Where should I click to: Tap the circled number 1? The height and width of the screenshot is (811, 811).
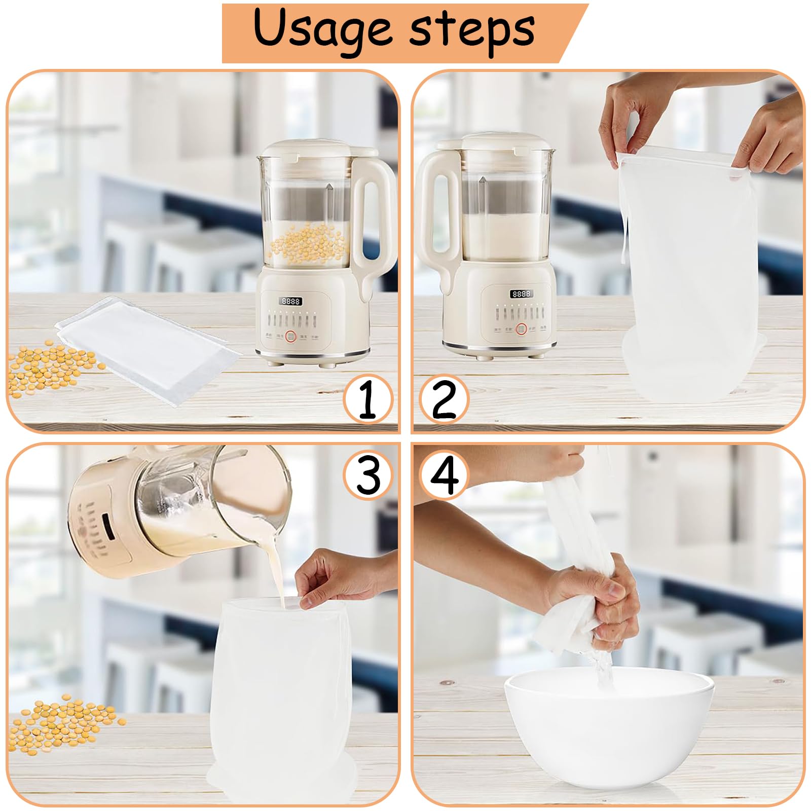368,400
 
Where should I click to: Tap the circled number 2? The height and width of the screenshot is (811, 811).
444,399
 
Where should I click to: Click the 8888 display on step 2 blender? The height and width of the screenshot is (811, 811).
521,293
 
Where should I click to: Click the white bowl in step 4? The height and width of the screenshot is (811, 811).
608,730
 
